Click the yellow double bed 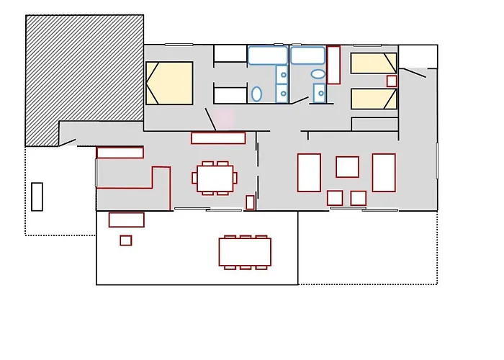[170, 83]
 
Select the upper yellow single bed [374, 63]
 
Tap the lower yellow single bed [374, 99]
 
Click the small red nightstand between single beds [392, 81]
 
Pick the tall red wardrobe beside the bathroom [333, 66]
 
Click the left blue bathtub [267, 55]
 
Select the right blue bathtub [307, 55]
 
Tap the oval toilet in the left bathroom [256, 94]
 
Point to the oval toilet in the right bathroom [318, 73]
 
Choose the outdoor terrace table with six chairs [245, 252]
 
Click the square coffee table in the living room [347, 166]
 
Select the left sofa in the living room [309, 172]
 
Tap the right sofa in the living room [384, 172]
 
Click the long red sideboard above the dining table [218, 138]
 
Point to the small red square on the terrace [126, 240]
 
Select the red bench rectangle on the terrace [127, 220]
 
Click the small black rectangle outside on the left [37, 197]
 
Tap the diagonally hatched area [79, 72]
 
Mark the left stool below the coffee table [335, 197]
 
